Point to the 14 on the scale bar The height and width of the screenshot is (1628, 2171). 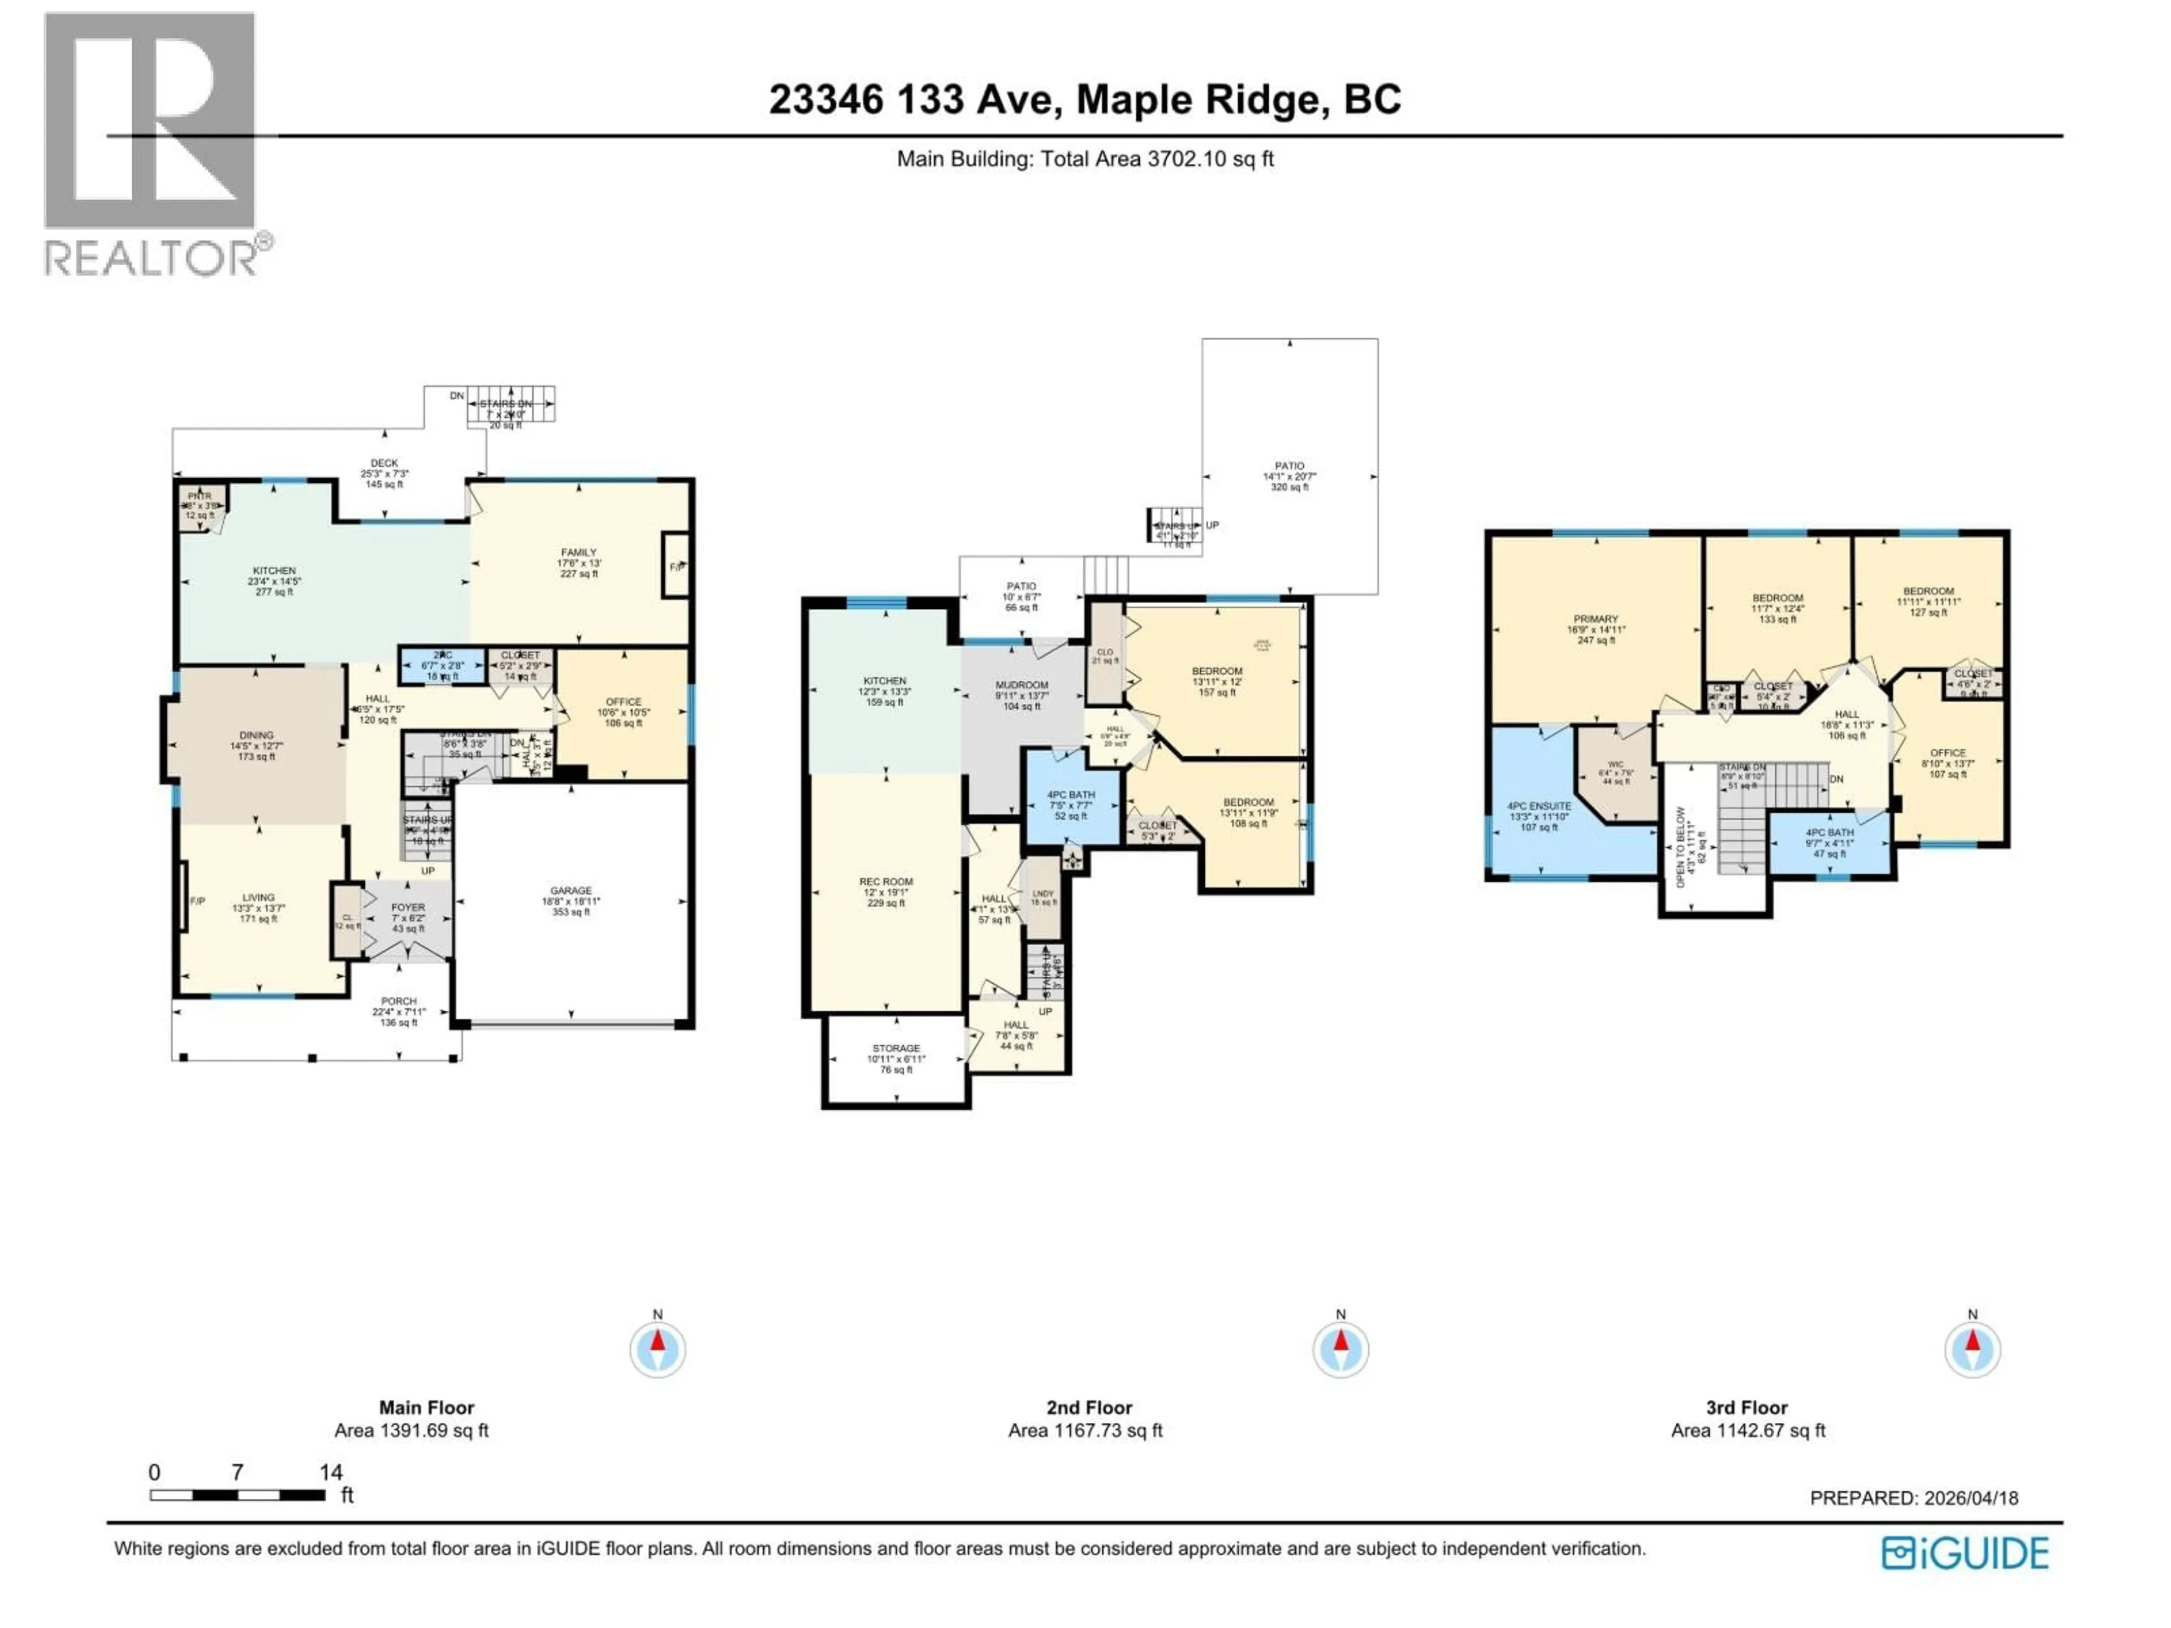pos(331,1472)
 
